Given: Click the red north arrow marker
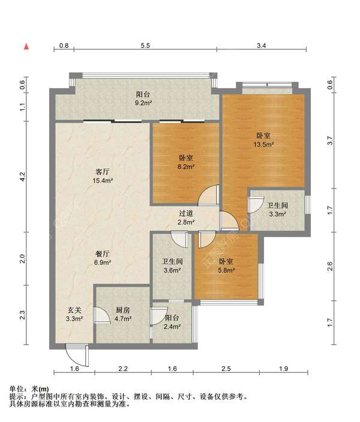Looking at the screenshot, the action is point(26,47).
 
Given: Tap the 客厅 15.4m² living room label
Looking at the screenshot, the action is point(103,176).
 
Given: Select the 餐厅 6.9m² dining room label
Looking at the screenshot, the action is point(103,258).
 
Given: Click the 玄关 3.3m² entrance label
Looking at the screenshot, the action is point(74,315).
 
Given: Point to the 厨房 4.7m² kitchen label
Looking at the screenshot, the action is point(123,315).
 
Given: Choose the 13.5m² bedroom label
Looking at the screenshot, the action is point(263,140).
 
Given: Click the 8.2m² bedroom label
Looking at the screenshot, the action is point(186,162).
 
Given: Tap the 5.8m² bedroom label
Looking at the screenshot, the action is point(226,266).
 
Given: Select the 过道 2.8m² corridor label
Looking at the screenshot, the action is point(186,218).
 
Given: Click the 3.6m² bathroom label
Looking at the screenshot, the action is point(172,266).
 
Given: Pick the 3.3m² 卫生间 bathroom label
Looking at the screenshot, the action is point(277,209).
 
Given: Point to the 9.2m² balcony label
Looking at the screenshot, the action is point(143,98).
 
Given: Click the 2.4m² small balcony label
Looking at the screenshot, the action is point(172,322).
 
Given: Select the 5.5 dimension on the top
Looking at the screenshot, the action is point(145,46).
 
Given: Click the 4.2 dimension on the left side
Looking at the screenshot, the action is point(23,176).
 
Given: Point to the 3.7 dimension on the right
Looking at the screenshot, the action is point(331,140).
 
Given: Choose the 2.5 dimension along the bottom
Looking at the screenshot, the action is point(226,369).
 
